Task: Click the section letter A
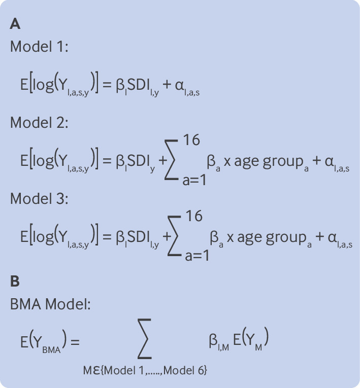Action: tap(15, 24)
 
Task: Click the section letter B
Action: tap(15, 280)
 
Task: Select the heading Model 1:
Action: tap(39, 47)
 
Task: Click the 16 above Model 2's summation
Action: tap(192, 139)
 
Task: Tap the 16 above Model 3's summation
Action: tap(192, 216)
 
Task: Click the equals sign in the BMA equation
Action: tap(76, 341)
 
